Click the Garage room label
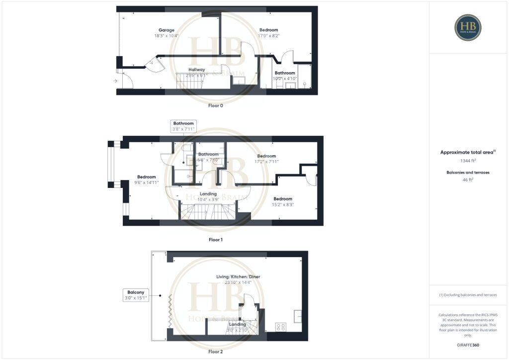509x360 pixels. point(167,30)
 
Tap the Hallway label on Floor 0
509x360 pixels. point(197,70)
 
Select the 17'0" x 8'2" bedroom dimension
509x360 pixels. point(269,36)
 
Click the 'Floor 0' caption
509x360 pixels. point(215,106)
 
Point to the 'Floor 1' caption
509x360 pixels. point(215,240)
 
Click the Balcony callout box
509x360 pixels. point(136,295)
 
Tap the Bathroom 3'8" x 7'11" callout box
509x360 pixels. point(183,126)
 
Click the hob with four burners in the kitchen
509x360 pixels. point(281,327)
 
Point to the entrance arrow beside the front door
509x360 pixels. point(115,81)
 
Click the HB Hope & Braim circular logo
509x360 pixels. point(468,27)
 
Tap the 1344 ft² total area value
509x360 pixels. point(468,161)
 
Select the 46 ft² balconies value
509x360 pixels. point(468,180)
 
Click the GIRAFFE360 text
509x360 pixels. point(468,345)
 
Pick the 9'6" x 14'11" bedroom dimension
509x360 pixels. point(147,182)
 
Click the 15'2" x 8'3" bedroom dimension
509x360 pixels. point(283,204)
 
